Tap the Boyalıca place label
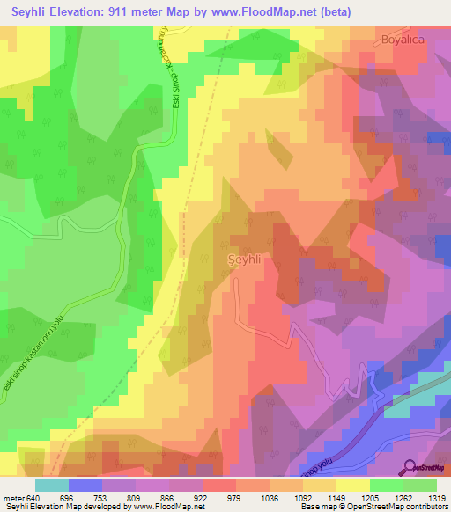tap(404, 39)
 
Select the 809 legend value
tap(135, 496)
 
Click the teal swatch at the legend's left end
tap(52, 484)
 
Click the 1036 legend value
tap(267, 496)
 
